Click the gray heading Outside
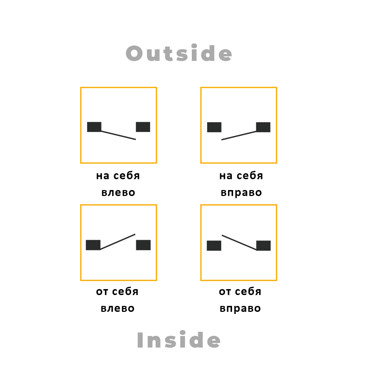click(x=179, y=53)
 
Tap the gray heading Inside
click(x=178, y=339)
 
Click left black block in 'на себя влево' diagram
click(x=94, y=127)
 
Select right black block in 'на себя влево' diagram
click(x=143, y=127)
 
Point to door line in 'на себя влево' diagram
click(x=118, y=135)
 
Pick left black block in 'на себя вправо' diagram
click(x=214, y=127)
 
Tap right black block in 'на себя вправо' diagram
click(x=263, y=127)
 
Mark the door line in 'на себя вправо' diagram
click(x=239, y=135)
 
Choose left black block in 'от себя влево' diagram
click(x=93, y=245)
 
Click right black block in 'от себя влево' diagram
click(x=143, y=245)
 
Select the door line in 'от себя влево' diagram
click(x=118, y=241)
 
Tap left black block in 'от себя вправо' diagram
click(x=214, y=245)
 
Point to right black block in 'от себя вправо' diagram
click(x=264, y=245)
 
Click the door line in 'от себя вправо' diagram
click(x=239, y=242)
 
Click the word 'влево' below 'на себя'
click(x=118, y=192)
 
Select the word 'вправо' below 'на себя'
click(x=241, y=193)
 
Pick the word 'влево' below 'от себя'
click(x=118, y=308)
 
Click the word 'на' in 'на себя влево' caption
click(x=103, y=176)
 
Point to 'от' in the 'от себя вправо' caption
click(x=225, y=292)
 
